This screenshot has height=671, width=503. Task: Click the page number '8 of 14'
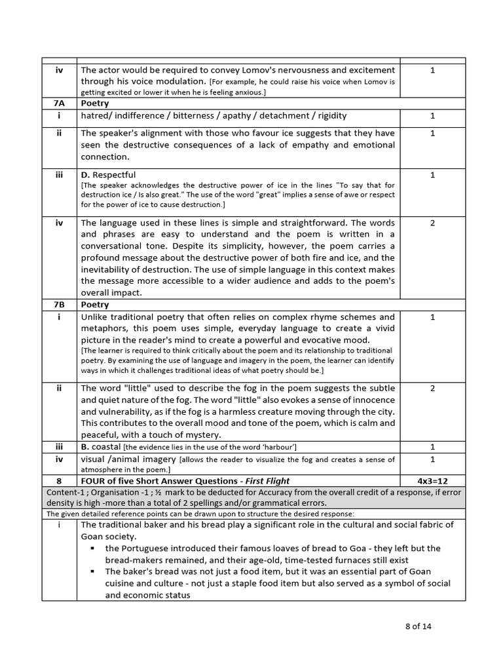tap(418, 626)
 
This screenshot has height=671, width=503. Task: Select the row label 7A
tap(59, 103)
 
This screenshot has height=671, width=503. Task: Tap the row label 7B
tap(59, 305)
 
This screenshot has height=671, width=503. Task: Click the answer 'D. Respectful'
tap(108, 175)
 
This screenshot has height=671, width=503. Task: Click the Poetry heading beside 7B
tap(95, 305)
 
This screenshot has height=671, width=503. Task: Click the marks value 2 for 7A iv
tap(432, 222)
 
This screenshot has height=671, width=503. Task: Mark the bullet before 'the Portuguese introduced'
tap(94, 548)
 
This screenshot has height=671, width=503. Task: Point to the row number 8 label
tap(59, 481)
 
